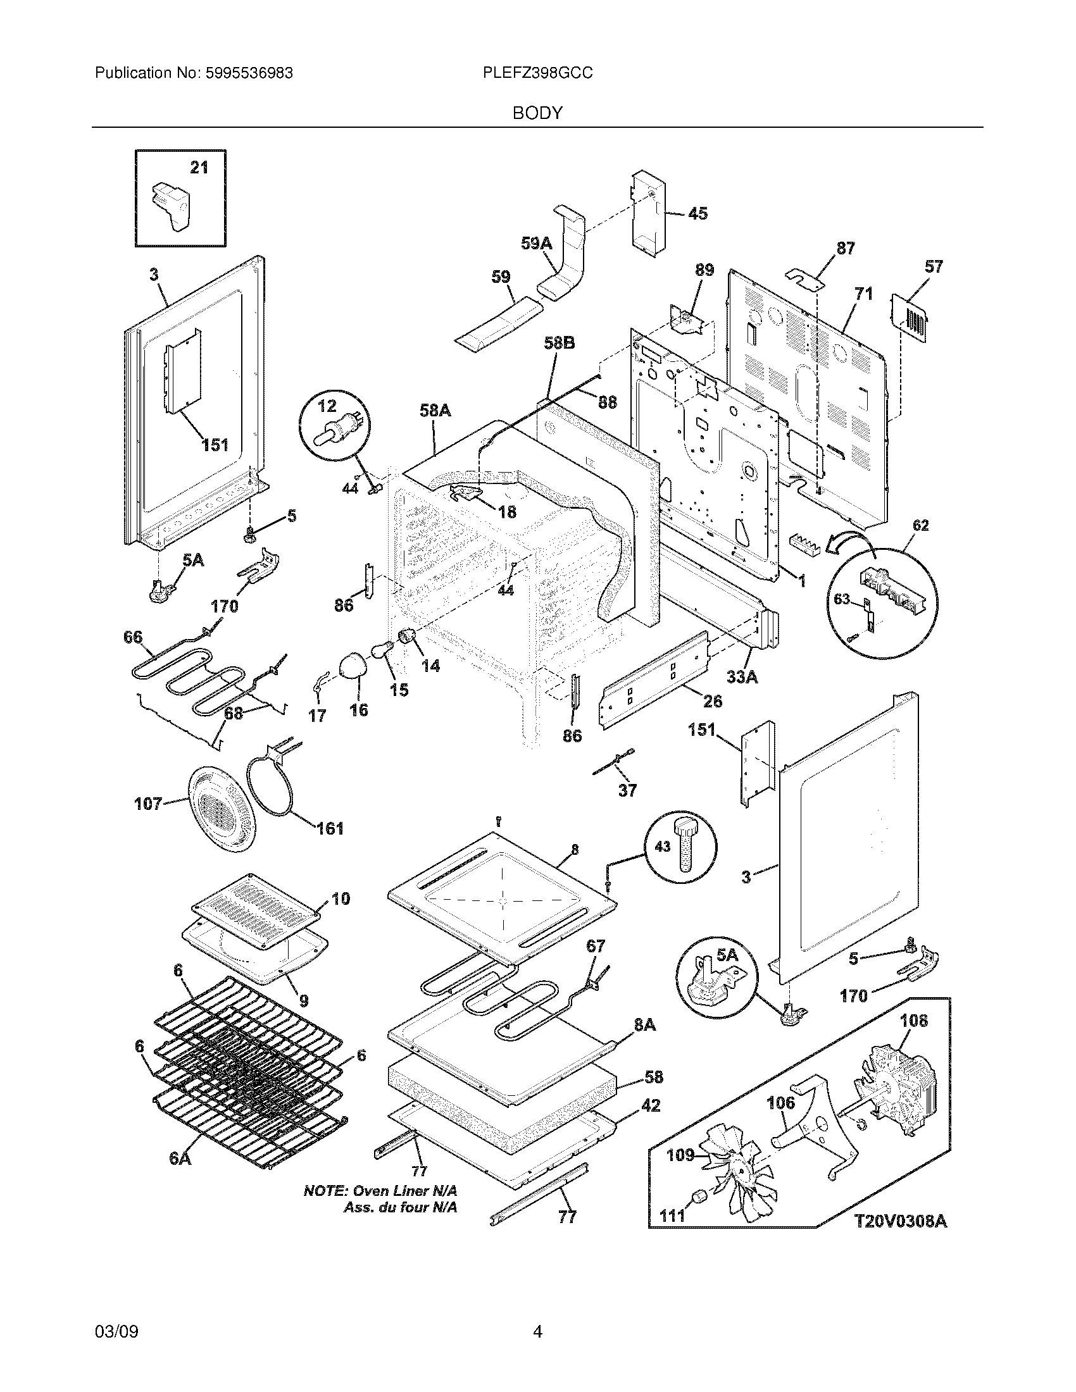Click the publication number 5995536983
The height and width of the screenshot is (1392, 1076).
pyautogui.click(x=249, y=73)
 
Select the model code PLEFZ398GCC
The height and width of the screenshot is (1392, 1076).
pyautogui.click(x=537, y=73)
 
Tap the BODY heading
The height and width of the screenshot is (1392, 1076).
pyautogui.click(x=537, y=113)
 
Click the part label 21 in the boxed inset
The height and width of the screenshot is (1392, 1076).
pyautogui.click(x=199, y=168)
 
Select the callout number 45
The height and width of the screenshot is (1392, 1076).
pyautogui.click(x=698, y=213)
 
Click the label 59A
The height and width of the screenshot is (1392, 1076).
pyautogui.click(x=536, y=243)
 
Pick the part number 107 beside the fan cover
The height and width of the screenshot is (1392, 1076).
pyautogui.click(x=148, y=804)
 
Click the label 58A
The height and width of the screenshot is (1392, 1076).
pyautogui.click(x=435, y=411)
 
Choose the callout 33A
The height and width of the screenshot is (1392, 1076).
pyautogui.click(x=742, y=677)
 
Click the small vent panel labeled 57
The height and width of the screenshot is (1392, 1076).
pyautogui.click(x=910, y=316)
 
